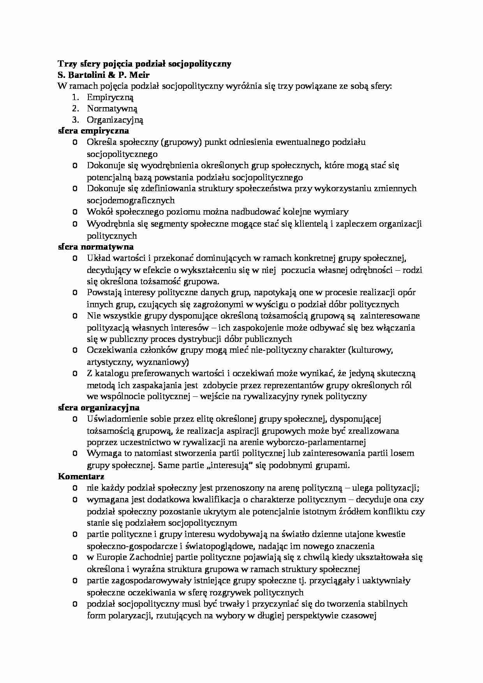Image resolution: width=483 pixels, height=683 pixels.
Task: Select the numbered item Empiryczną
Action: tap(110, 97)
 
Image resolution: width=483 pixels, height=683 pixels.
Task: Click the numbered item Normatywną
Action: tap(112, 109)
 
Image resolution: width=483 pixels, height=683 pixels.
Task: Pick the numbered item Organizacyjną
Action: tap(115, 120)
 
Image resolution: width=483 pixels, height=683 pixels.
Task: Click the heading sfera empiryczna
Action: tap(93, 131)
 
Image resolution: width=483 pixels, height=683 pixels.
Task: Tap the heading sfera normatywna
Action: tap(96, 246)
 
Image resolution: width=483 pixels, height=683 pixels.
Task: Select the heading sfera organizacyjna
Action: tap(99, 407)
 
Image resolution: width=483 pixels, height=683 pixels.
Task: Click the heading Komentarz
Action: tap(81, 476)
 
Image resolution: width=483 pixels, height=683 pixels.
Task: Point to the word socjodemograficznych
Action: tap(131, 201)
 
